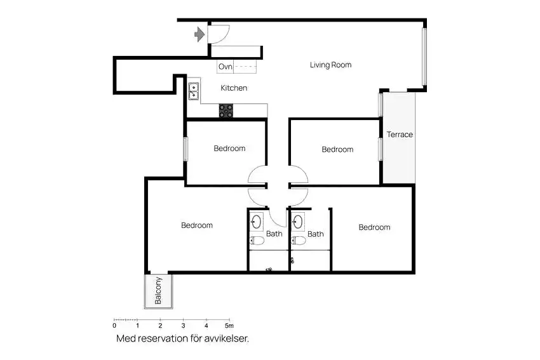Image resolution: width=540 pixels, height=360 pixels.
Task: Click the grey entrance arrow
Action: pyautogui.click(x=199, y=34)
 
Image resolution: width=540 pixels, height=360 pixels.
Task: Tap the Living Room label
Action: pyautogui.click(x=330, y=65)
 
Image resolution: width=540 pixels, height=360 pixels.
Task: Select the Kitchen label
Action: pyautogui.click(x=234, y=88)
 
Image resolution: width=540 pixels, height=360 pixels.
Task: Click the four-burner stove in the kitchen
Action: pyautogui.click(x=226, y=110)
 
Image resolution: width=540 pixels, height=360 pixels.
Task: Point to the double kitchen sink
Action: pyautogui.click(x=194, y=91)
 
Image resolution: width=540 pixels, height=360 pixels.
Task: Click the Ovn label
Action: pyautogui.click(x=226, y=67)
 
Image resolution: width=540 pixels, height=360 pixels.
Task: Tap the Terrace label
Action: pyautogui.click(x=400, y=135)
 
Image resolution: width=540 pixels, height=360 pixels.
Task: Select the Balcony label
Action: pyautogui.click(x=158, y=291)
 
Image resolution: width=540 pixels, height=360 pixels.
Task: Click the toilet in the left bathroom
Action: pyautogui.click(x=257, y=240)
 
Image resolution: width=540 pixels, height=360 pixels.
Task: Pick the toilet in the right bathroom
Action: pyautogui.click(x=298, y=240)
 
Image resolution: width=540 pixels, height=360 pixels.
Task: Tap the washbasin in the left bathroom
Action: pyautogui.click(x=256, y=222)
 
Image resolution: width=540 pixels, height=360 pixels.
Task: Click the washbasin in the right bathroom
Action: pyautogui.click(x=297, y=222)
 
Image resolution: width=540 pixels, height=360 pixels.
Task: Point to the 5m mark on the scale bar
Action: pyautogui.click(x=229, y=325)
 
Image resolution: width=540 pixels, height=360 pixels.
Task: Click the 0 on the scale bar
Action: pyautogui.click(x=115, y=325)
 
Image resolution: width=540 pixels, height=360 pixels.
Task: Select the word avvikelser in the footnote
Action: pyautogui.click(x=226, y=338)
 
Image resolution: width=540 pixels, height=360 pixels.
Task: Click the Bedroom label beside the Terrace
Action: pyautogui.click(x=337, y=149)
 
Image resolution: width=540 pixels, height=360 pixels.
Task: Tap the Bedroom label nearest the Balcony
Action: pyautogui.click(x=197, y=225)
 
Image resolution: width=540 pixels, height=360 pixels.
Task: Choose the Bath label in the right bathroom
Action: pyautogui.click(x=316, y=234)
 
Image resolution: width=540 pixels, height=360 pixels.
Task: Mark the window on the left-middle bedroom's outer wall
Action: pyautogui.click(x=186, y=149)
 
